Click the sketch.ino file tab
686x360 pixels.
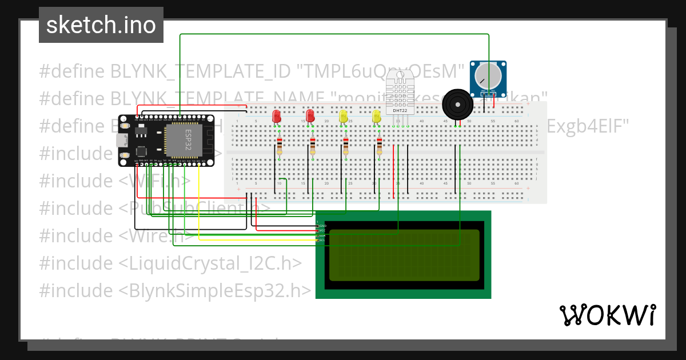pyautogui.click(x=101, y=25)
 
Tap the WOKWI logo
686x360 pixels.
pyautogui.click(x=607, y=315)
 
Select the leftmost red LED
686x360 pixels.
pyautogui.click(x=277, y=116)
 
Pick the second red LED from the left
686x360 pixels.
pyautogui.click(x=310, y=116)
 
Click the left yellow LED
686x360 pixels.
pyautogui.click(x=343, y=116)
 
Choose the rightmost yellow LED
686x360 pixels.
pyautogui.click(x=376, y=116)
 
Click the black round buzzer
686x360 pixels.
pyautogui.click(x=457, y=104)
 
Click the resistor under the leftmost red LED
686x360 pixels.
pyautogui.click(x=279, y=146)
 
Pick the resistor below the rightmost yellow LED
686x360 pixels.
pyautogui.click(x=379, y=146)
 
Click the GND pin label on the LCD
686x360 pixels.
pyautogui.click(x=322, y=226)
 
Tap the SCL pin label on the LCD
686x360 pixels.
pyautogui.click(x=322, y=240)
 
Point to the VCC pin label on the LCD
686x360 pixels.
pyautogui.click(x=322, y=231)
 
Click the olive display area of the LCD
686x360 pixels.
pyautogui.click(x=404, y=255)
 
